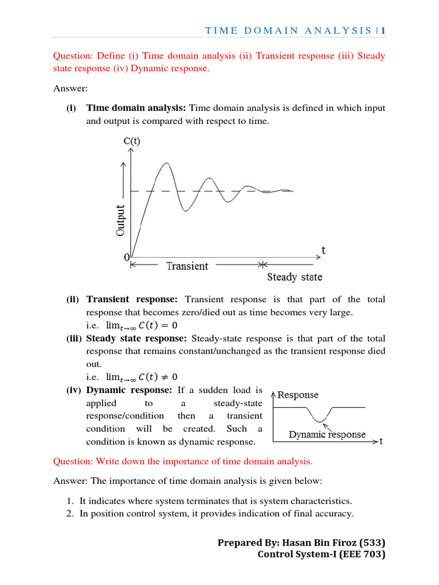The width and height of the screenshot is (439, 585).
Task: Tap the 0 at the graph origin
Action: (x=127, y=258)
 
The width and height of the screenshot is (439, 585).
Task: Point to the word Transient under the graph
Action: (x=187, y=266)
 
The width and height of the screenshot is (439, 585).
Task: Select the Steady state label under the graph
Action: (x=294, y=277)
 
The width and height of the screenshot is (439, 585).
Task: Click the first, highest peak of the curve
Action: (x=165, y=163)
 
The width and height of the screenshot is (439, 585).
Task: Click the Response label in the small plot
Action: (x=298, y=395)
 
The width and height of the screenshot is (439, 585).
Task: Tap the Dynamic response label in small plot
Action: (x=327, y=434)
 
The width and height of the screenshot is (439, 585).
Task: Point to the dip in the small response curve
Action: (x=323, y=420)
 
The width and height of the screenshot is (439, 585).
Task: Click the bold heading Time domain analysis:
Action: (x=136, y=108)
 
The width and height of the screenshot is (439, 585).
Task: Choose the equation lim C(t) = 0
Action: (x=141, y=325)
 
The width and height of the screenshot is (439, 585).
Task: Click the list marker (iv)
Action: (x=73, y=390)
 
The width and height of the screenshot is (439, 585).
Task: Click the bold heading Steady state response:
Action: (x=137, y=338)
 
